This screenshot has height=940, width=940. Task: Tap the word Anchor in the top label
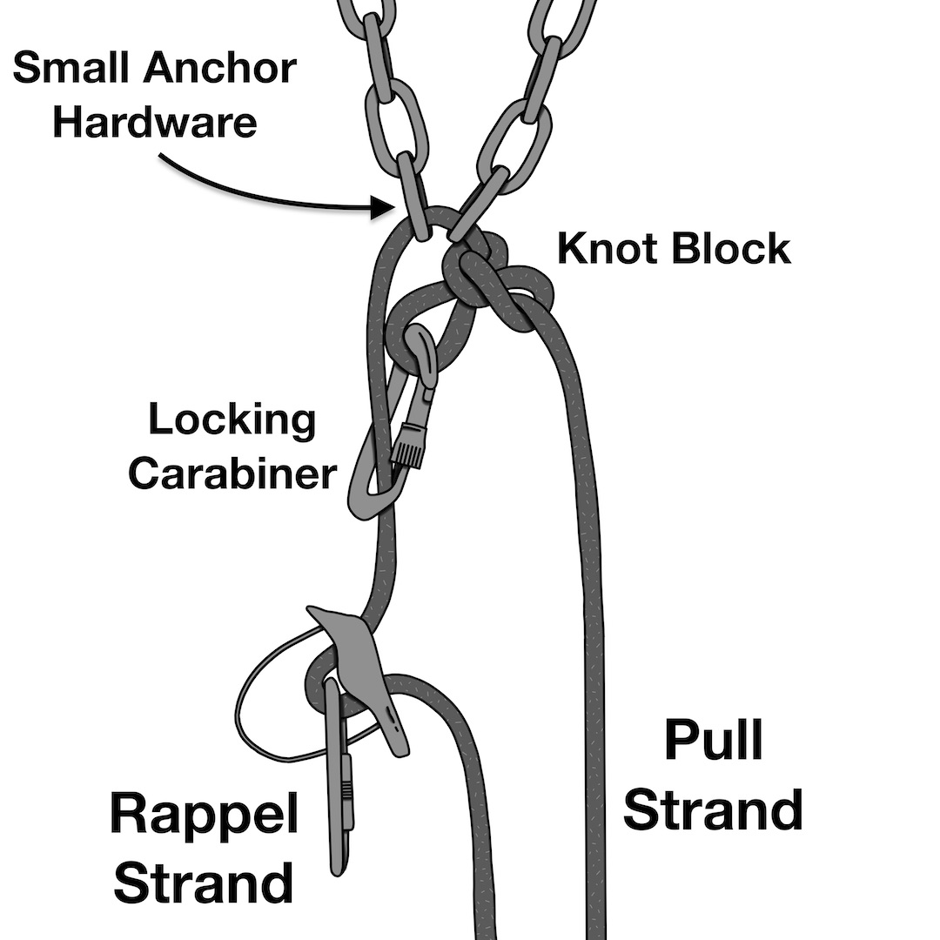coord(219,67)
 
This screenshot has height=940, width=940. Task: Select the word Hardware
coord(155,122)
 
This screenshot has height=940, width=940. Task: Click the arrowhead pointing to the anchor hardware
coord(382,207)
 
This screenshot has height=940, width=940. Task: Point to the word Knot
coord(609,248)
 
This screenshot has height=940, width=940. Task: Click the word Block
coord(731,248)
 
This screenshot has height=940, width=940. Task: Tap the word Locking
coord(232,421)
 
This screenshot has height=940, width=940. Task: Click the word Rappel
coord(205,814)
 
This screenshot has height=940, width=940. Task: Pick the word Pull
coord(714,740)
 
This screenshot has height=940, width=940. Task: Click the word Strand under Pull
coord(714,809)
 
